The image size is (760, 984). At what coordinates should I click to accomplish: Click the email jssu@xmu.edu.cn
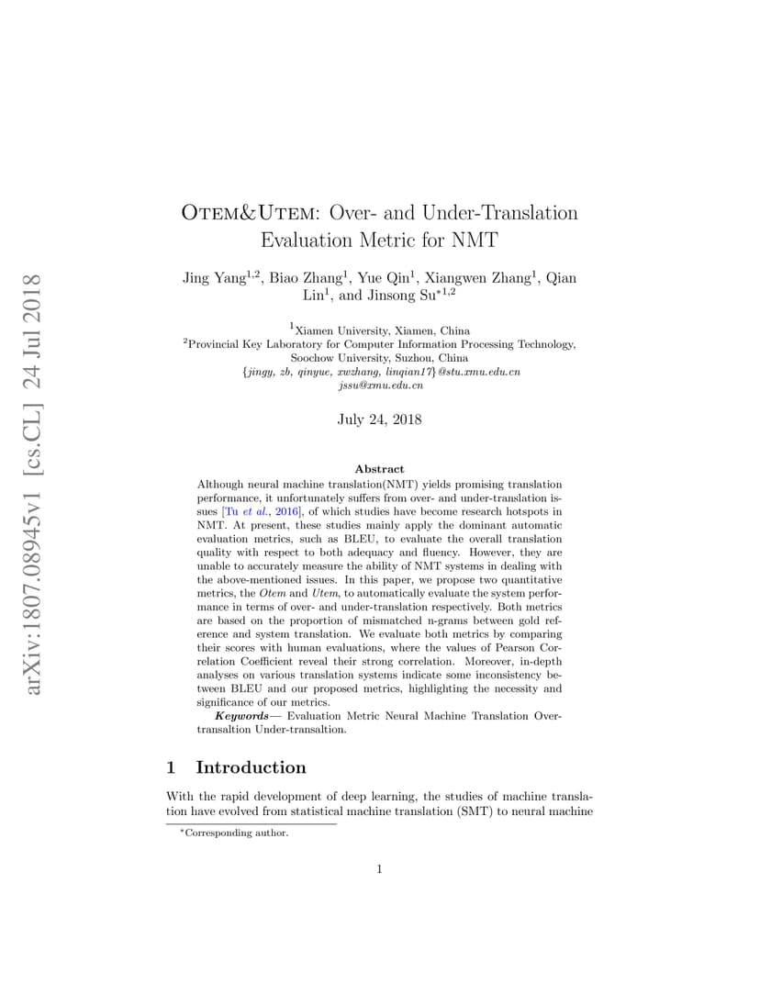(x=380, y=386)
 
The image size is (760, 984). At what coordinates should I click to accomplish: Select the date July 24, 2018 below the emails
(x=380, y=419)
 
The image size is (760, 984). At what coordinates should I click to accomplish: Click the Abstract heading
(x=379, y=468)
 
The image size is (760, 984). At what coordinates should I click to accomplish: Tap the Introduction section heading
(x=251, y=767)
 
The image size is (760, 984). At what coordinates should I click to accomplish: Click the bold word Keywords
(x=242, y=715)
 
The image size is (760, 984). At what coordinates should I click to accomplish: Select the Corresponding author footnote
(x=237, y=833)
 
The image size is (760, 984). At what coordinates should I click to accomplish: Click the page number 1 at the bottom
(x=379, y=869)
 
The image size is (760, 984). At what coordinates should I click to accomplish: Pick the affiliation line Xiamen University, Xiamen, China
(x=380, y=330)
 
